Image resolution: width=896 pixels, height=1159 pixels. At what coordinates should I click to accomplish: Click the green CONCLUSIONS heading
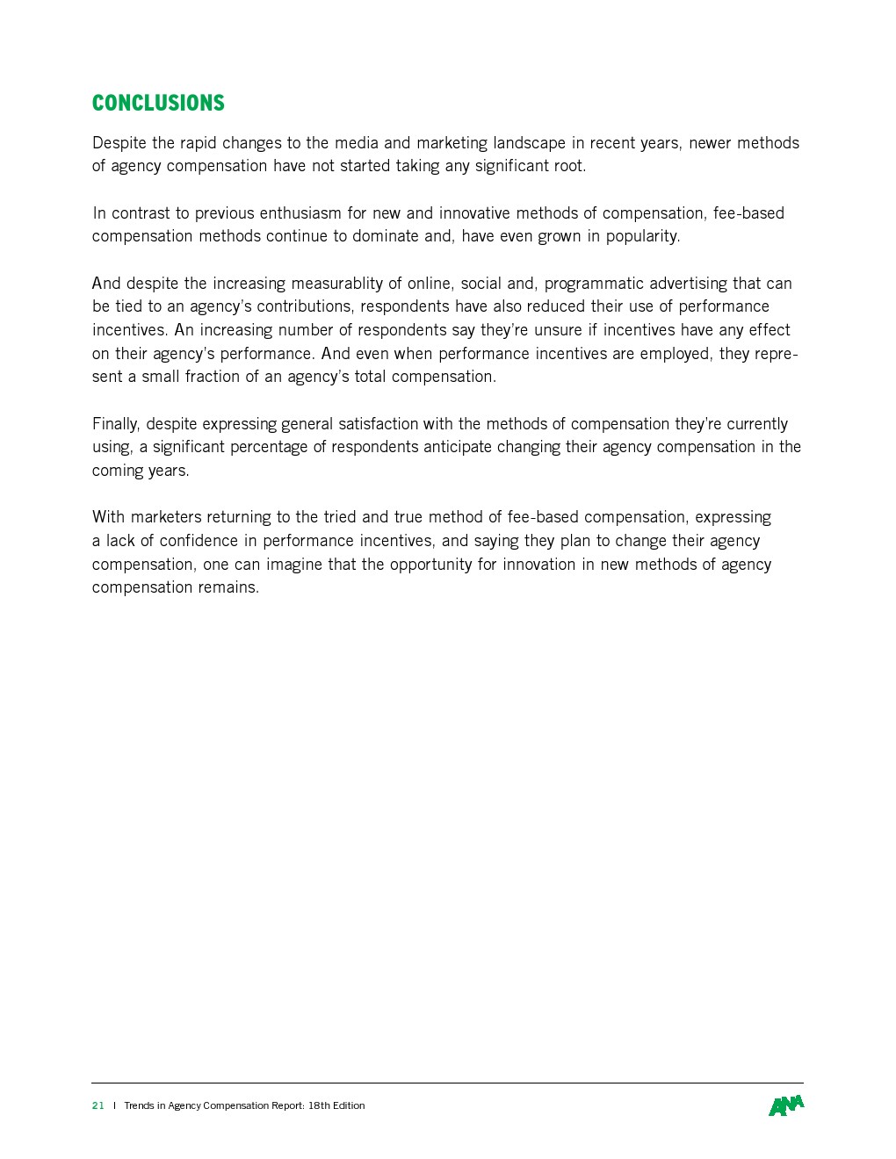[x=158, y=103]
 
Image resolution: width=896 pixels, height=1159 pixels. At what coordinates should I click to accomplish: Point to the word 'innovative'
[x=474, y=212]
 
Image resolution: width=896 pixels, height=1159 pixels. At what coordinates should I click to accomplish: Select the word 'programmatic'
[x=594, y=283]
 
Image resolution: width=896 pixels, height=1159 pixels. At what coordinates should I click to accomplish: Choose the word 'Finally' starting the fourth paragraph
[x=115, y=424]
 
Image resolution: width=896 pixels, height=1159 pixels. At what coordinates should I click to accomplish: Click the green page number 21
[x=98, y=1105]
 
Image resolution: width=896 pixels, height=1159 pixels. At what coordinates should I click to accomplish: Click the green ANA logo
[x=786, y=1105]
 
